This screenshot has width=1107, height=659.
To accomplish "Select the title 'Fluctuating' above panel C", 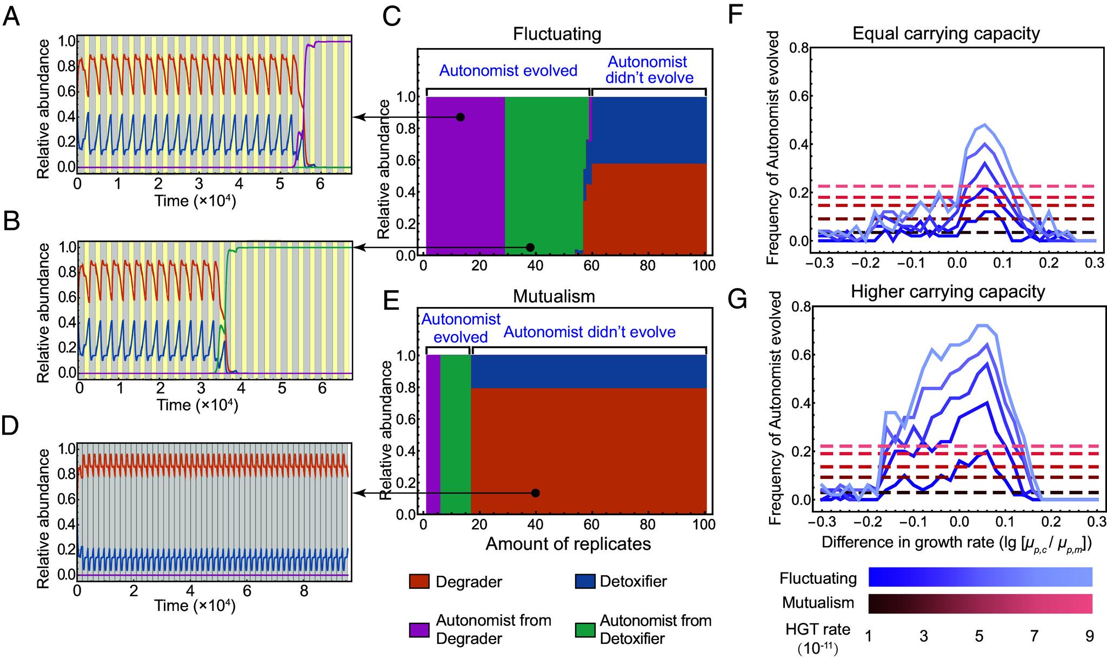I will point(557,35).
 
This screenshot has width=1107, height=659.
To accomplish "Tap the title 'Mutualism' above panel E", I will point(553,296).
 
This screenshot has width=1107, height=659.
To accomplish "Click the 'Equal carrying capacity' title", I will point(946,34).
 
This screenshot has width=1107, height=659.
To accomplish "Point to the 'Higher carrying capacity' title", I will point(948,292).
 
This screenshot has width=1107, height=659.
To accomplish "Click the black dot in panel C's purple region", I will point(460,117).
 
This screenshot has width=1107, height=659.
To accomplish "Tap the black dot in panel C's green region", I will point(530,247).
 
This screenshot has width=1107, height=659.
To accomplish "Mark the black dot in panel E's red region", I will point(535,493).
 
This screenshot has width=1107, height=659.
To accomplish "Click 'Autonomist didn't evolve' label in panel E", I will point(589,331).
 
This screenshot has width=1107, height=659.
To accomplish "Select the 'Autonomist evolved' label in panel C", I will point(508,71).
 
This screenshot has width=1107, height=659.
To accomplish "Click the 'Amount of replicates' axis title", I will point(568,544).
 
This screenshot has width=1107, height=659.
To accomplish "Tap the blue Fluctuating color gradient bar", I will point(980,577).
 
